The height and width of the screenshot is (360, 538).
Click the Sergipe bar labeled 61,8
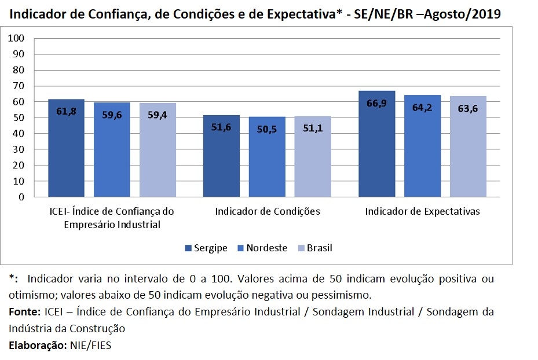click(66, 148)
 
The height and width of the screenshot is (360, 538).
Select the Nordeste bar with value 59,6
click(112, 150)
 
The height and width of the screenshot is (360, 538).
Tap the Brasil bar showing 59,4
click(158, 150)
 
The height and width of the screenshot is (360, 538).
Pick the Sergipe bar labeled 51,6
click(221, 156)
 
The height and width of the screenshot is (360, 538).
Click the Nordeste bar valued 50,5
click(267, 157)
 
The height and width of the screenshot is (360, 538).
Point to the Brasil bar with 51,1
click(313, 157)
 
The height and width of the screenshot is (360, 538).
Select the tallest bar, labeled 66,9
click(376, 144)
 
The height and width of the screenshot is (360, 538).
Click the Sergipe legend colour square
click(188, 248)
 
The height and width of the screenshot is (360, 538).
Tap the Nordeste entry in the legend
click(262, 248)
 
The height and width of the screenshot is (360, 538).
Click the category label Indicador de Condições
click(267, 212)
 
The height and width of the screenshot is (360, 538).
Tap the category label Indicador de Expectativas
click(422, 212)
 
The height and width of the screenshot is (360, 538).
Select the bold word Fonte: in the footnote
click(25, 312)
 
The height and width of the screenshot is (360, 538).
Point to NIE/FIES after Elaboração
click(93, 346)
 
